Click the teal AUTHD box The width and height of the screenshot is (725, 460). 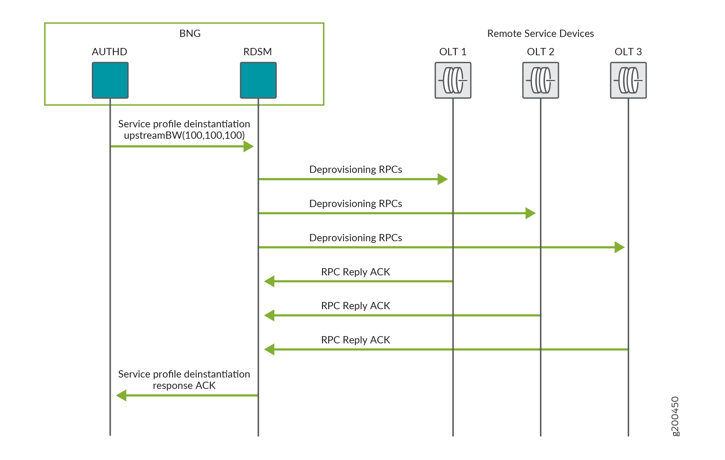coord(110,80)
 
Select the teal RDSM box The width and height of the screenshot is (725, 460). coord(258,80)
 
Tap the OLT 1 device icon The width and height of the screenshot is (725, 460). coord(453,80)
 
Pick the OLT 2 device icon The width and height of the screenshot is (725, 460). coord(540,80)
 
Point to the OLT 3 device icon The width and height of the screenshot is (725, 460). coord(628,80)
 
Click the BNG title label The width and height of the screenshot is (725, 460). coord(190,33)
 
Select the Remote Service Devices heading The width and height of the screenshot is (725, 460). coord(540,33)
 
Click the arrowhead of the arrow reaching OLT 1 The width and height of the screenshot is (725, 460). coord(443,179)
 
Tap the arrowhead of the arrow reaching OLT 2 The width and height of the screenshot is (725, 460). coord(530,213)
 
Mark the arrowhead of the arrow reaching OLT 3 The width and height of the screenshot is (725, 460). coord(619,247)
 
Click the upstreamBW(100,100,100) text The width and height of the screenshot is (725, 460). coord(184,135)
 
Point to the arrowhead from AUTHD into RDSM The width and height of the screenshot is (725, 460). coord(248,146)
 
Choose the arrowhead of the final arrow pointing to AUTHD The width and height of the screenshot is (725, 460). coord(121,395)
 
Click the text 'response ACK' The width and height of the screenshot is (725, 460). coord(184,385)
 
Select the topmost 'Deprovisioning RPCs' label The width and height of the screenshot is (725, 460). coord(355,169)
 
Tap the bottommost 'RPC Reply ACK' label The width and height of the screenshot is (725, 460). coord(355,340)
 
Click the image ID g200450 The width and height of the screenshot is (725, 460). coord(675,416)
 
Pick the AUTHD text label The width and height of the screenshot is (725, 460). coord(109,52)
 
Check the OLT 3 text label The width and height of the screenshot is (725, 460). coord(628,52)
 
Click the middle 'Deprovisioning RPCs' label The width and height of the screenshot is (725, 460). coord(355,204)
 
